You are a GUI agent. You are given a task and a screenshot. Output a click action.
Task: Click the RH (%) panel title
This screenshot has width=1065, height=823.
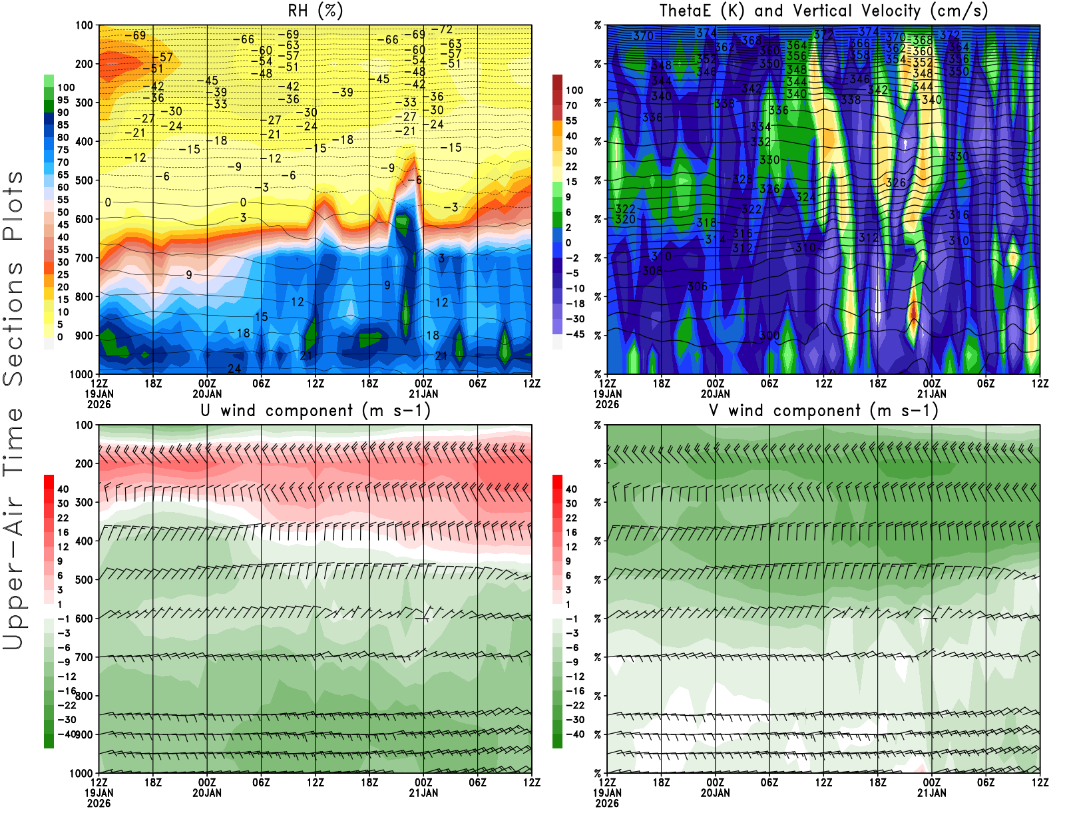coord(315,11)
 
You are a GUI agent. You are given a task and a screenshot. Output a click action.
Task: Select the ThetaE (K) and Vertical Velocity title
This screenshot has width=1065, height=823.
coord(823,11)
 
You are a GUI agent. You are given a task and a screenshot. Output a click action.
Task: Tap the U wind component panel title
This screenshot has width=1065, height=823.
coord(316,410)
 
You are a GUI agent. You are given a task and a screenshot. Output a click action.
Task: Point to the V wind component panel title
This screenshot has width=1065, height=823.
coord(823,410)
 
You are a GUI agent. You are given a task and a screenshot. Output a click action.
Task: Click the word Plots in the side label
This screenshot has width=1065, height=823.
coord(13,206)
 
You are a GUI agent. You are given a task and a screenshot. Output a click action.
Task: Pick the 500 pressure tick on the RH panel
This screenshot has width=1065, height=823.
coord(84,180)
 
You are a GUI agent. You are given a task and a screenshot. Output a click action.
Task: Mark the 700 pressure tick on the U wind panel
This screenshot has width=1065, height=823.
coord(84,657)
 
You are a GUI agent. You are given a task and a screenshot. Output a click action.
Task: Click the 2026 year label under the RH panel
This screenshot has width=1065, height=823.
coord(99,404)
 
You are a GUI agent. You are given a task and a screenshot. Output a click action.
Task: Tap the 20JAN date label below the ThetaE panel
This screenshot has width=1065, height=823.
coord(715,394)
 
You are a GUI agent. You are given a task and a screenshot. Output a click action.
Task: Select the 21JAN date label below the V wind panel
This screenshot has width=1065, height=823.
coord(931,793)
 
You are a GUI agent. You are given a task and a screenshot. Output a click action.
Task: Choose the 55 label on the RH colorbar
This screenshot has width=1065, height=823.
coord(63,200)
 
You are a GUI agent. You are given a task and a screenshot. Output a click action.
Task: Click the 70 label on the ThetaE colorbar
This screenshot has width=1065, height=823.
coord(571,105)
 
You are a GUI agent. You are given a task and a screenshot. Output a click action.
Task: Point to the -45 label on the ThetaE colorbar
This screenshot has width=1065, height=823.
coord(574,334)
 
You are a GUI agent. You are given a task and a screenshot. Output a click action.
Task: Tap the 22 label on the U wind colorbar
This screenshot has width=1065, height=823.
coord(63,518)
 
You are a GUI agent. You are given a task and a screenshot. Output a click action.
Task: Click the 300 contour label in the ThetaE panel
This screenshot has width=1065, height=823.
coord(769,335)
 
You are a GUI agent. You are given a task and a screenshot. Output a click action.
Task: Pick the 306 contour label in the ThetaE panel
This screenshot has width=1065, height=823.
coord(697,286)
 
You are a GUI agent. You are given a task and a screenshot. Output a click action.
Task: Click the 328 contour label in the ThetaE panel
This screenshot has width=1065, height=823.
coord(742,179)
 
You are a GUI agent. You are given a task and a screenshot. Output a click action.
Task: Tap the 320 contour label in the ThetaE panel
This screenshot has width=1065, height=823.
coord(625,219)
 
